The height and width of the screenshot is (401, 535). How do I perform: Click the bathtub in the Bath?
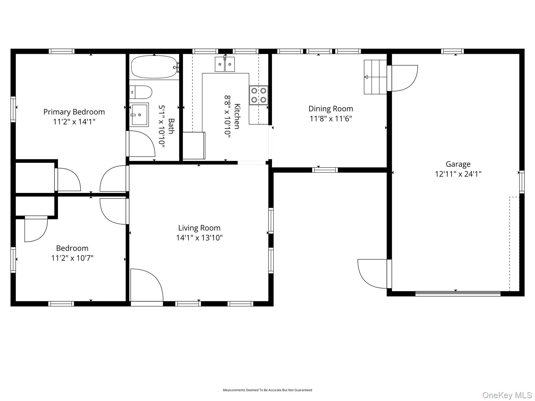tap(154, 67)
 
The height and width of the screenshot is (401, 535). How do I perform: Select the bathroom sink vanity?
tap(139, 115)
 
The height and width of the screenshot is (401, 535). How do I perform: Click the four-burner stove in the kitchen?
tap(259, 95)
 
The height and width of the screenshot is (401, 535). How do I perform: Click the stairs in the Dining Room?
tap(375, 77)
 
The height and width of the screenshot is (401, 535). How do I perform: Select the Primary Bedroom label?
tap(74, 112)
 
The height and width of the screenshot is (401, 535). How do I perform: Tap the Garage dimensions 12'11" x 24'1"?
tap(458, 174)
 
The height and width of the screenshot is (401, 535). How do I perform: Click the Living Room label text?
tap(199, 228)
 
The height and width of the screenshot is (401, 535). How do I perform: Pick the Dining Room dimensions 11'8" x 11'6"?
tap(331, 119)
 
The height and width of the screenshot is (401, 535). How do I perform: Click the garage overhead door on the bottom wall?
tap(458, 293)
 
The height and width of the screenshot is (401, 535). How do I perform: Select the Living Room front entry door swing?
tap(147, 286)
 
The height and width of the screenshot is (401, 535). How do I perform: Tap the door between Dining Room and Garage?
tap(402, 78)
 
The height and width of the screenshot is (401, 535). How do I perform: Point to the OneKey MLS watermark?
tap(507, 395)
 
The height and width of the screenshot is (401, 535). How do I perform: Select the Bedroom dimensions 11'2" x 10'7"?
tap(72, 258)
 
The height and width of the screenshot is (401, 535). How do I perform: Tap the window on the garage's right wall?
tap(522, 182)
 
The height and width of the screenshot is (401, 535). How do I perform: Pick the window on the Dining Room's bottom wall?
tap(325, 170)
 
